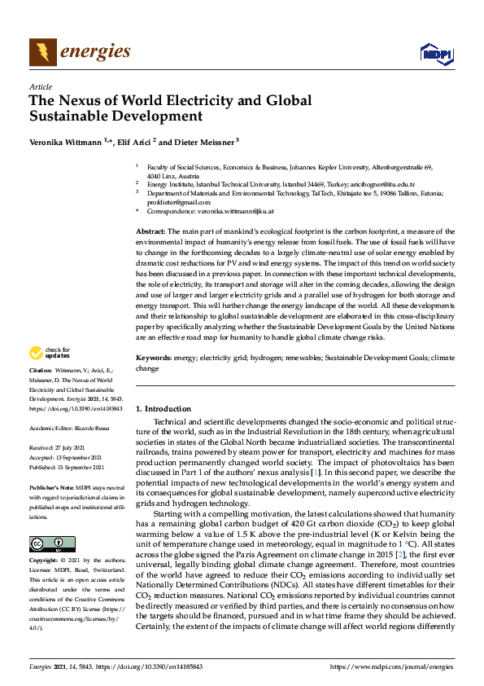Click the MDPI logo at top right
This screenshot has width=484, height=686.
pyautogui.click(x=437, y=54)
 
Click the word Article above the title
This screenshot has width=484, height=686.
pyautogui.click(x=40, y=86)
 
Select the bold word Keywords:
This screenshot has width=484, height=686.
pyautogui.click(x=153, y=358)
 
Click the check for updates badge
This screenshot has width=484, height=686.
pyautogui.click(x=49, y=353)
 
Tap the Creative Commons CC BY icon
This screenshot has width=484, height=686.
pyautogui.click(x=46, y=521)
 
